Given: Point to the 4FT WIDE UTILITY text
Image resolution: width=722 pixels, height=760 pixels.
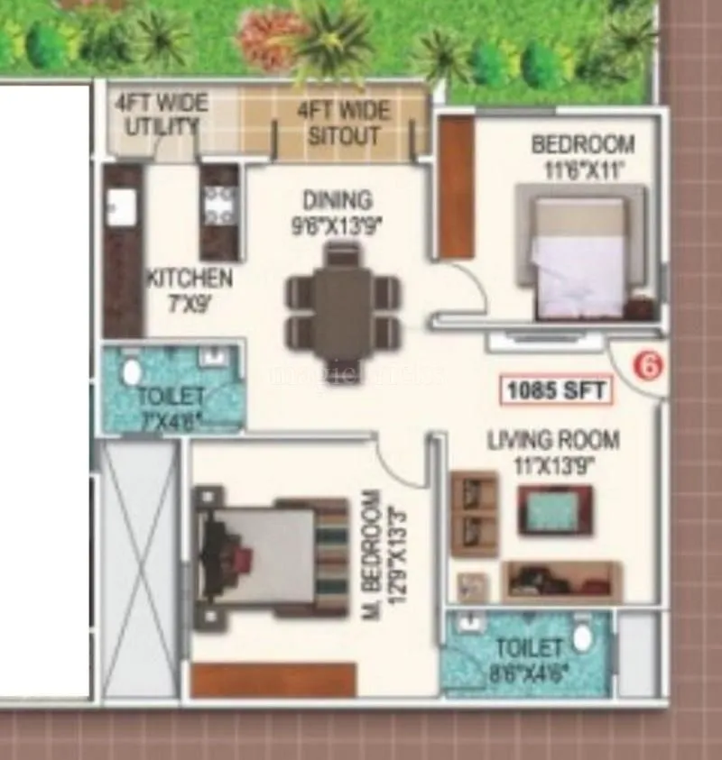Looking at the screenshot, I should click(161, 114).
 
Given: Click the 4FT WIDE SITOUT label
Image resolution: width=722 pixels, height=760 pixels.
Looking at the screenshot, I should click(344, 123).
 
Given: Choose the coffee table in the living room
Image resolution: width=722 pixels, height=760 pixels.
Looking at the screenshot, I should click(554, 510).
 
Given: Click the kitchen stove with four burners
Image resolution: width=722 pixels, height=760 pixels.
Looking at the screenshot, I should click(218, 210).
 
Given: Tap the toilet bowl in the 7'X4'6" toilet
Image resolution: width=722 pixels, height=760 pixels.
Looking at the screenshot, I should click(132, 371).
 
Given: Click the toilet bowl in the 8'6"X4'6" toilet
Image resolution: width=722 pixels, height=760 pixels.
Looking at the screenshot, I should click(583, 638).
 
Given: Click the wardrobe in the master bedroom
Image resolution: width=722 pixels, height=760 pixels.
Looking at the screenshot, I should click(273, 680).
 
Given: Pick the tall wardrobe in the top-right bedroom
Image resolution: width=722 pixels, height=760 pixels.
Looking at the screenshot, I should click(456, 187).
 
